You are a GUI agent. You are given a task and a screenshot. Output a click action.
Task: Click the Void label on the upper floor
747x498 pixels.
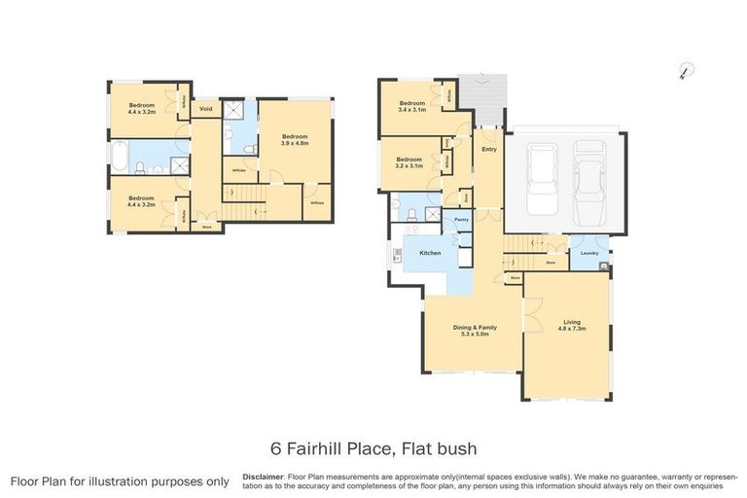coord(206,109)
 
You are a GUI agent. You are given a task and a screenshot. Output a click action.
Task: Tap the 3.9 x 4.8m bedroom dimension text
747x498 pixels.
coord(295,143)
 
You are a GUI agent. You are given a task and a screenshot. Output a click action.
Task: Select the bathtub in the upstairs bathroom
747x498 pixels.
coord(118,156)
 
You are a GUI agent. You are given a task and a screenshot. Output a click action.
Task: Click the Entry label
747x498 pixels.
coord(488,149)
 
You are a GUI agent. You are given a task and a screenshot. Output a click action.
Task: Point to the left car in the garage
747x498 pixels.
coord(542,181)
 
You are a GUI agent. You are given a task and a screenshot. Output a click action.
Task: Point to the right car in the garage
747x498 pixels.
coord(589,181)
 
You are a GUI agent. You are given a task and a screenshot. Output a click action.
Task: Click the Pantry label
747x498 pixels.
coord(462,221)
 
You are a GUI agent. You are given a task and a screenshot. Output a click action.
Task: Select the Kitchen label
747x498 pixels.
coord(430,253)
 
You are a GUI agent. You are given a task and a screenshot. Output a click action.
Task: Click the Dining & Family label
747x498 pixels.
coord(474,328)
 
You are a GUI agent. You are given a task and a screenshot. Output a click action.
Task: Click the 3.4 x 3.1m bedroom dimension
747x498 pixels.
coord(412,110)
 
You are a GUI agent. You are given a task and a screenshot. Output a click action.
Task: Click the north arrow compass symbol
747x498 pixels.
coord(685,70)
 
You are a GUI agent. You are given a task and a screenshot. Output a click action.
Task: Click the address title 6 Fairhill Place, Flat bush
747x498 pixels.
coord(373,448)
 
